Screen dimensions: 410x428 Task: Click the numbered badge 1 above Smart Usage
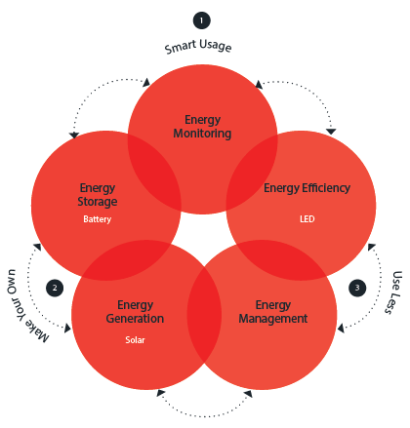tap(202, 20)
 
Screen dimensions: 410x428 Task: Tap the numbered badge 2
tap(55, 288)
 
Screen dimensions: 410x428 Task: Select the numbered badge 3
tap(357, 288)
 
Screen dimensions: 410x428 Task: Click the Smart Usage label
tap(198, 46)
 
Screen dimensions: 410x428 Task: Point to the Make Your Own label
tap(27, 306)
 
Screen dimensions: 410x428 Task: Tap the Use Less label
tap(393, 292)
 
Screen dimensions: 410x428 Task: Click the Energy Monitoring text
tap(202, 127)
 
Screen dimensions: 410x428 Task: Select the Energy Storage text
tap(98, 195)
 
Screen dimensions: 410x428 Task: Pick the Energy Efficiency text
tap(307, 188)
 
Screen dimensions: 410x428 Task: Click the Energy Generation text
tap(135, 312)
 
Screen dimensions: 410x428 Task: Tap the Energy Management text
tap(273, 312)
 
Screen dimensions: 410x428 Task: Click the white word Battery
tap(98, 219)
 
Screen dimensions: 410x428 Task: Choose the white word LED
tap(307, 219)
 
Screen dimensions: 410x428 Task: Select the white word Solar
tap(135, 340)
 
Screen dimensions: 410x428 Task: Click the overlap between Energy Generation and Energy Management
tap(204, 315)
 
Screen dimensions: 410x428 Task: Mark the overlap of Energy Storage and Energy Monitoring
tap(154, 173)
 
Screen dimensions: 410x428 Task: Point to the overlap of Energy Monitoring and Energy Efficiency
tap(251, 173)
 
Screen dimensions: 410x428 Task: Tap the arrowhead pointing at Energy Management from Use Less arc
tap(341, 329)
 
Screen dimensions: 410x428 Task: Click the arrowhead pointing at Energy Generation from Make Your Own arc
tap(67, 329)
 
